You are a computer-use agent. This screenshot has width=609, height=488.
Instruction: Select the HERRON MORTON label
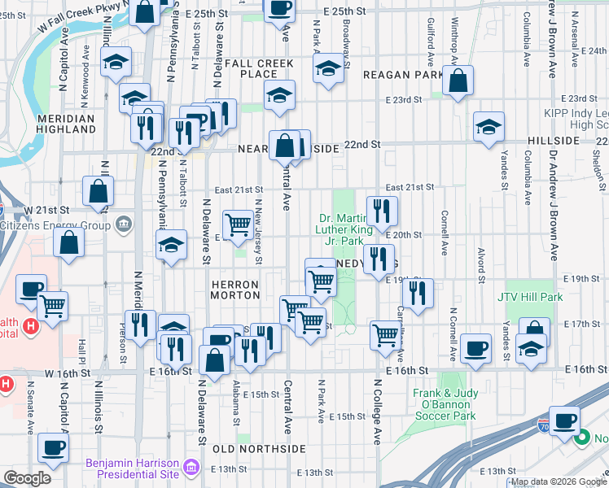(235, 290)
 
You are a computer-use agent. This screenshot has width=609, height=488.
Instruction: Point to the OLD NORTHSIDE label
(259, 448)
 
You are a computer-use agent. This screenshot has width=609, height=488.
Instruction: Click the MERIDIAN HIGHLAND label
(78, 124)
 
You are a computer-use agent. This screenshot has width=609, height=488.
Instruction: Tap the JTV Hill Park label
(530, 298)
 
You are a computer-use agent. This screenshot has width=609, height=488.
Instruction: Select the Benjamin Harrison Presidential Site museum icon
(191, 467)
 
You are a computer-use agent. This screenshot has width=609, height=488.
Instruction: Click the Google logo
(26, 478)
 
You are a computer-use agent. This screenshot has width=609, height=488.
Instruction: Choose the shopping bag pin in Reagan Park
(458, 81)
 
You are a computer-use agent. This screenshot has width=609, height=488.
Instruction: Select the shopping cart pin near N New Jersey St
(238, 223)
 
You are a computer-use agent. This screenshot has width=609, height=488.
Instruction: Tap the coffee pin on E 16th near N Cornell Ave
(475, 350)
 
